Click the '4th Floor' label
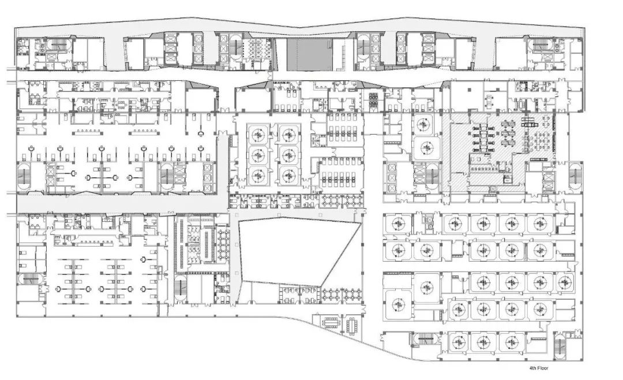tap(538, 368)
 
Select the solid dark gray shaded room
tap(309, 54)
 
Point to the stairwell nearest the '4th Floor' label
tap(561, 347)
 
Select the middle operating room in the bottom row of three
tap(483, 341)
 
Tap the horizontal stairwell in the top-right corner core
tap(540, 44)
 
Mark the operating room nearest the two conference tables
tap(397, 304)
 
